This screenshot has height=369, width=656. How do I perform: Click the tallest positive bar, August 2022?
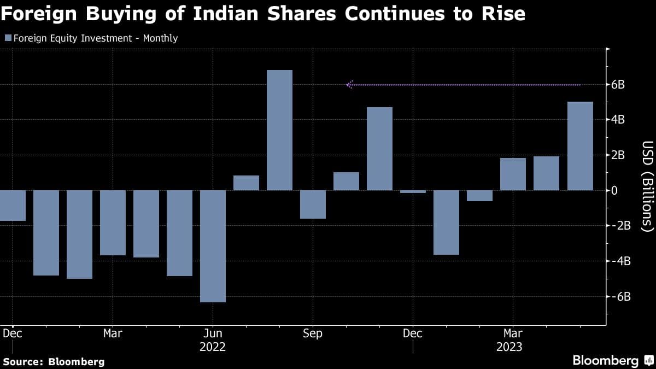(x=279, y=130)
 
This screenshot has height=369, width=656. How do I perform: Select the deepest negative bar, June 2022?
(x=213, y=246)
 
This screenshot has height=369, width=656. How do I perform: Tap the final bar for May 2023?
(x=580, y=146)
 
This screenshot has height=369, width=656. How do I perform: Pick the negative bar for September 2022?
(x=313, y=204)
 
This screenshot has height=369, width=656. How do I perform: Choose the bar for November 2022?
(x=379, y=149)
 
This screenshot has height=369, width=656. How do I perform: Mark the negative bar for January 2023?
(x=446, y=222)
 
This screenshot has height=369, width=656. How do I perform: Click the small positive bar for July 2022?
(x=246, y=183)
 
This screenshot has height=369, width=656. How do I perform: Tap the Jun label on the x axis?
(x=213, y=333)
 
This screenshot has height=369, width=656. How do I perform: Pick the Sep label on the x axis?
(x=313, y=333)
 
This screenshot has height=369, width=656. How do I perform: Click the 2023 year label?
(x=509, y=347)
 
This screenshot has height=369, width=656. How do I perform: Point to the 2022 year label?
(x=213, y=347)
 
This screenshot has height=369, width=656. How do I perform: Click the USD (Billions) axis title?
(x=647, y=185)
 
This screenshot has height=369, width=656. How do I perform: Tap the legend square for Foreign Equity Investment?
(x=8, y=38)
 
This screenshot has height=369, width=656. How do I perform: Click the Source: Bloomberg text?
(x=54, y=361)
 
